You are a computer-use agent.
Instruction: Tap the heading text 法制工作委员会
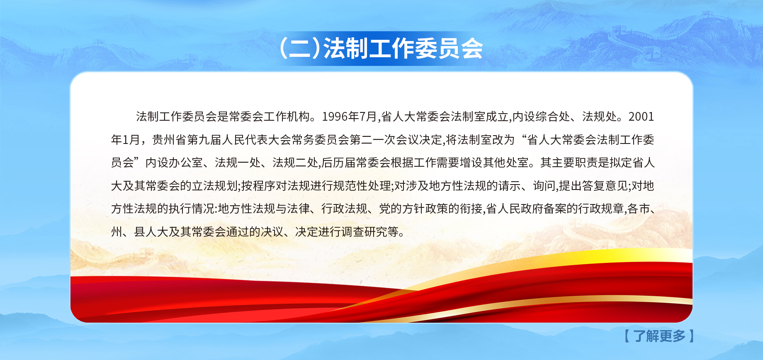pyautogui.click(x=403, y=49)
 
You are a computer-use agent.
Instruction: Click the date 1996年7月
pyautogui.click(x=350, y=117)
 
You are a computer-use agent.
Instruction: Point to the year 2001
pyautogui.click(x=641, y=117)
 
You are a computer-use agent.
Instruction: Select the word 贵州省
pyautogui.click(x=169, y=140)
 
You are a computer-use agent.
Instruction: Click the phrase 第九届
pyautogui.click(x=204, y=140)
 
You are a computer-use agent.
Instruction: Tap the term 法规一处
pyautogui.click(x=238, y=163)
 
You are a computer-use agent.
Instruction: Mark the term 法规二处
pyautogui.click(x=295, y=163)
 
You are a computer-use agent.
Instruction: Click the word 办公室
pyautogui.click(x=186, y=163)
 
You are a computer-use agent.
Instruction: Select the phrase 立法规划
pyautogui.click(x=215, y=186)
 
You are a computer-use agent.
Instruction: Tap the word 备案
pyautogui.click(x=555, y=209)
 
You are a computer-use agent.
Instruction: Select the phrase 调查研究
pyautogui.click(x=364, y=231)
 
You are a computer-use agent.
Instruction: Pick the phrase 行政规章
pyautogui.click(x=601, y=209)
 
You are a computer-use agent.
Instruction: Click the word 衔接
pyautogui.click(x=471, y=209)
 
